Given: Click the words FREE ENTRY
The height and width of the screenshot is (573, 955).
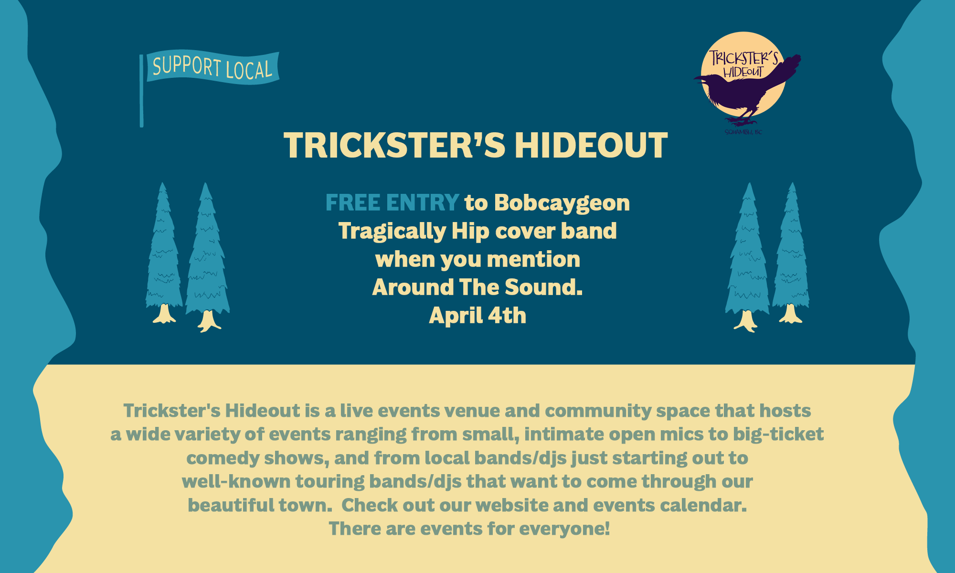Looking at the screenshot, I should pos(392,202).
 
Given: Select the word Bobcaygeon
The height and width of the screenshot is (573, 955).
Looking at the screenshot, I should pos(562,202).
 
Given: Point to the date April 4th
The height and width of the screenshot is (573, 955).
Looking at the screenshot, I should pos(477,316).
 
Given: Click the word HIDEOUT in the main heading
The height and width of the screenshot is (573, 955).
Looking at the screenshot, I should pos(591,145).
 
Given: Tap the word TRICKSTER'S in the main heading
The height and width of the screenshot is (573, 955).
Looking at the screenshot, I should pos(394,145).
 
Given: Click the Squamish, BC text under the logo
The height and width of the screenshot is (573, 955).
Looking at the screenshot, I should pos(743,132).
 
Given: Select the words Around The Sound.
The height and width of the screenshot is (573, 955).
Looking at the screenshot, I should pos(477,287).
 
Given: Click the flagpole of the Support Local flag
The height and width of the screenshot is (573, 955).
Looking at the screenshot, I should pos(141,91).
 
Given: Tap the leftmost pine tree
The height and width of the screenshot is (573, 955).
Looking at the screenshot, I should pos(164,253).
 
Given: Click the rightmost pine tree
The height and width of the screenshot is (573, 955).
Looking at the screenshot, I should pos(791,253).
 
